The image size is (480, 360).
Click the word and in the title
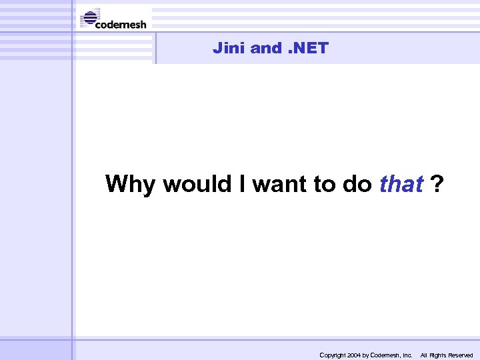(266, 48)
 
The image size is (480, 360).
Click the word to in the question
(325, 183)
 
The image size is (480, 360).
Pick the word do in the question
(357, 183)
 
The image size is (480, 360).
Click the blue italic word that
(401, 183)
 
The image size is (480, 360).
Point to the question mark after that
(436, 183)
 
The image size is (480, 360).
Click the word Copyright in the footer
(333, 355)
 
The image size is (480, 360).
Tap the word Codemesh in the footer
(386, 355)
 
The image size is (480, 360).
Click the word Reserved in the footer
(461, 355)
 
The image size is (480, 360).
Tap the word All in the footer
(424, 355)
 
